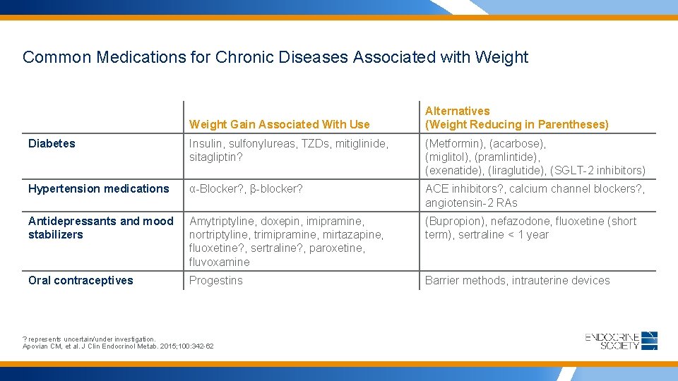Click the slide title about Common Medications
pyautogui.click(x=275, y=57)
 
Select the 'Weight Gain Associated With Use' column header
pyautogui.click(x=279, y=124)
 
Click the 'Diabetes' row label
pyautogui.click(x=52, y=143)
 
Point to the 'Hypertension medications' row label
pyautogui.click(x=99, y=188)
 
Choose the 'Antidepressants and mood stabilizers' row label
pyautogui.click(x=100, y=227)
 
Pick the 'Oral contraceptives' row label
pyautogui.click(x=81, y=280)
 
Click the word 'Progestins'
pyautogui.click(x=215, y=280)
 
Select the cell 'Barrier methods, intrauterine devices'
pyautogui.click(x=517, y=280)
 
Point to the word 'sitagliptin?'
pyautogui.click(x=215, y=157)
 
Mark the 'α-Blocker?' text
pyautogui.click(x=216, y=188)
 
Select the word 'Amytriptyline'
pyautogui.click(x=221, y=221)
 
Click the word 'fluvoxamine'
pyautogui.click(x=219, y=262)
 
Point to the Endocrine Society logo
pyautogui.click(x=621, y=341)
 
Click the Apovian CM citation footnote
pyautogui.click(x=118, y=346)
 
